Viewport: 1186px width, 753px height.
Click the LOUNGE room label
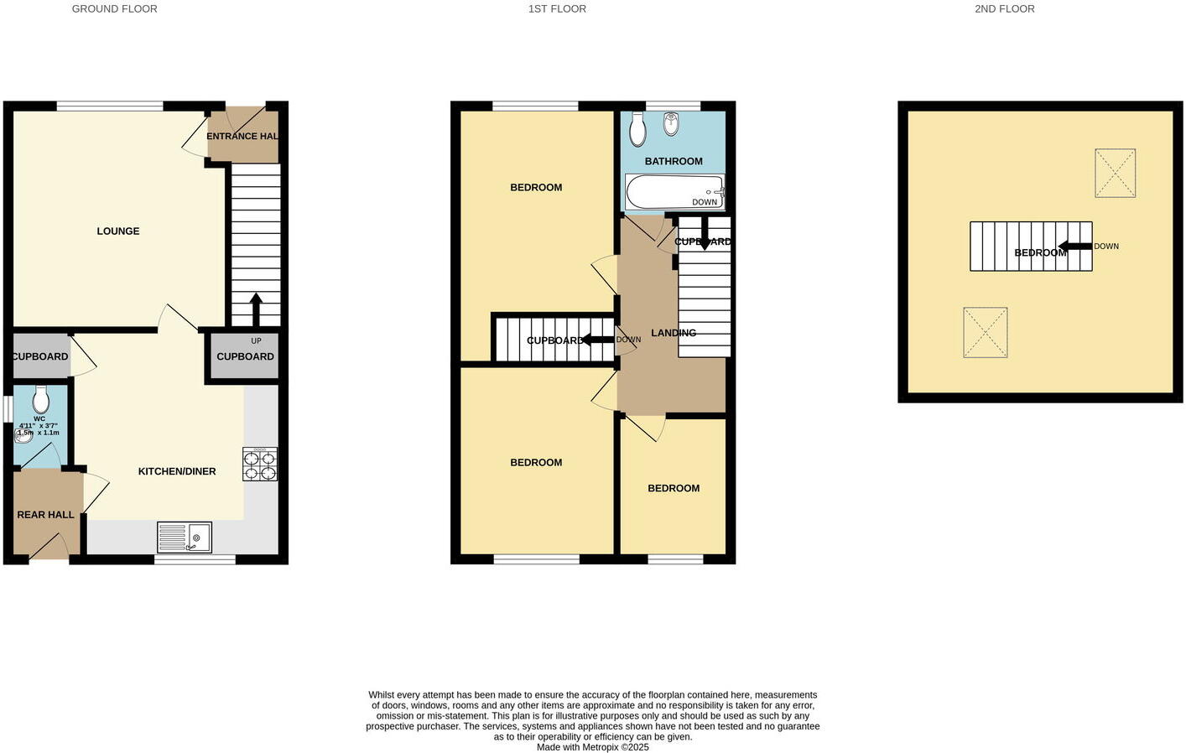[117, 231]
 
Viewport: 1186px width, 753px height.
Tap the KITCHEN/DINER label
[177, 472]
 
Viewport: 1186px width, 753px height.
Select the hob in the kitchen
[260, 465]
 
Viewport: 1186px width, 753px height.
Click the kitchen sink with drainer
[185, 537]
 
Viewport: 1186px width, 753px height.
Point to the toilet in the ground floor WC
[40, 399]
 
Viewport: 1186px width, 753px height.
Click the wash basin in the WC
[23, 436]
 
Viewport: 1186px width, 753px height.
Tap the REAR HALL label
[46, 515]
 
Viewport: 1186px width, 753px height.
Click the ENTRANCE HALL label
[242, 137]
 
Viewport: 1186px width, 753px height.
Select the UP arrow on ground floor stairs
[256, 309]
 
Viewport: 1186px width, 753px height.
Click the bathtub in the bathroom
[674, 192]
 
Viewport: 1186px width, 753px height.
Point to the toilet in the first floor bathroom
[637, 130]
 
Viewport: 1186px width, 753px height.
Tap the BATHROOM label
[674, 161]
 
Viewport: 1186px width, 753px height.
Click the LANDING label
[674, 333]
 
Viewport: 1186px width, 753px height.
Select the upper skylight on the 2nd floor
[1115, 174]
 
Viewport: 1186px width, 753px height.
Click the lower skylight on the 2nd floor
[985, 333]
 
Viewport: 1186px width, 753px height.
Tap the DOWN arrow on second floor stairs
[1074, 247]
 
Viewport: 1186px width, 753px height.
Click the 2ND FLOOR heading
[1004, 9]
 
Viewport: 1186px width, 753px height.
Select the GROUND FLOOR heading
[114, 9]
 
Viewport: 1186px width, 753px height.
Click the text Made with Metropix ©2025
[592, 747]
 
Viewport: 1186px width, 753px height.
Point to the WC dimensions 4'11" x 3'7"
[39, 426]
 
